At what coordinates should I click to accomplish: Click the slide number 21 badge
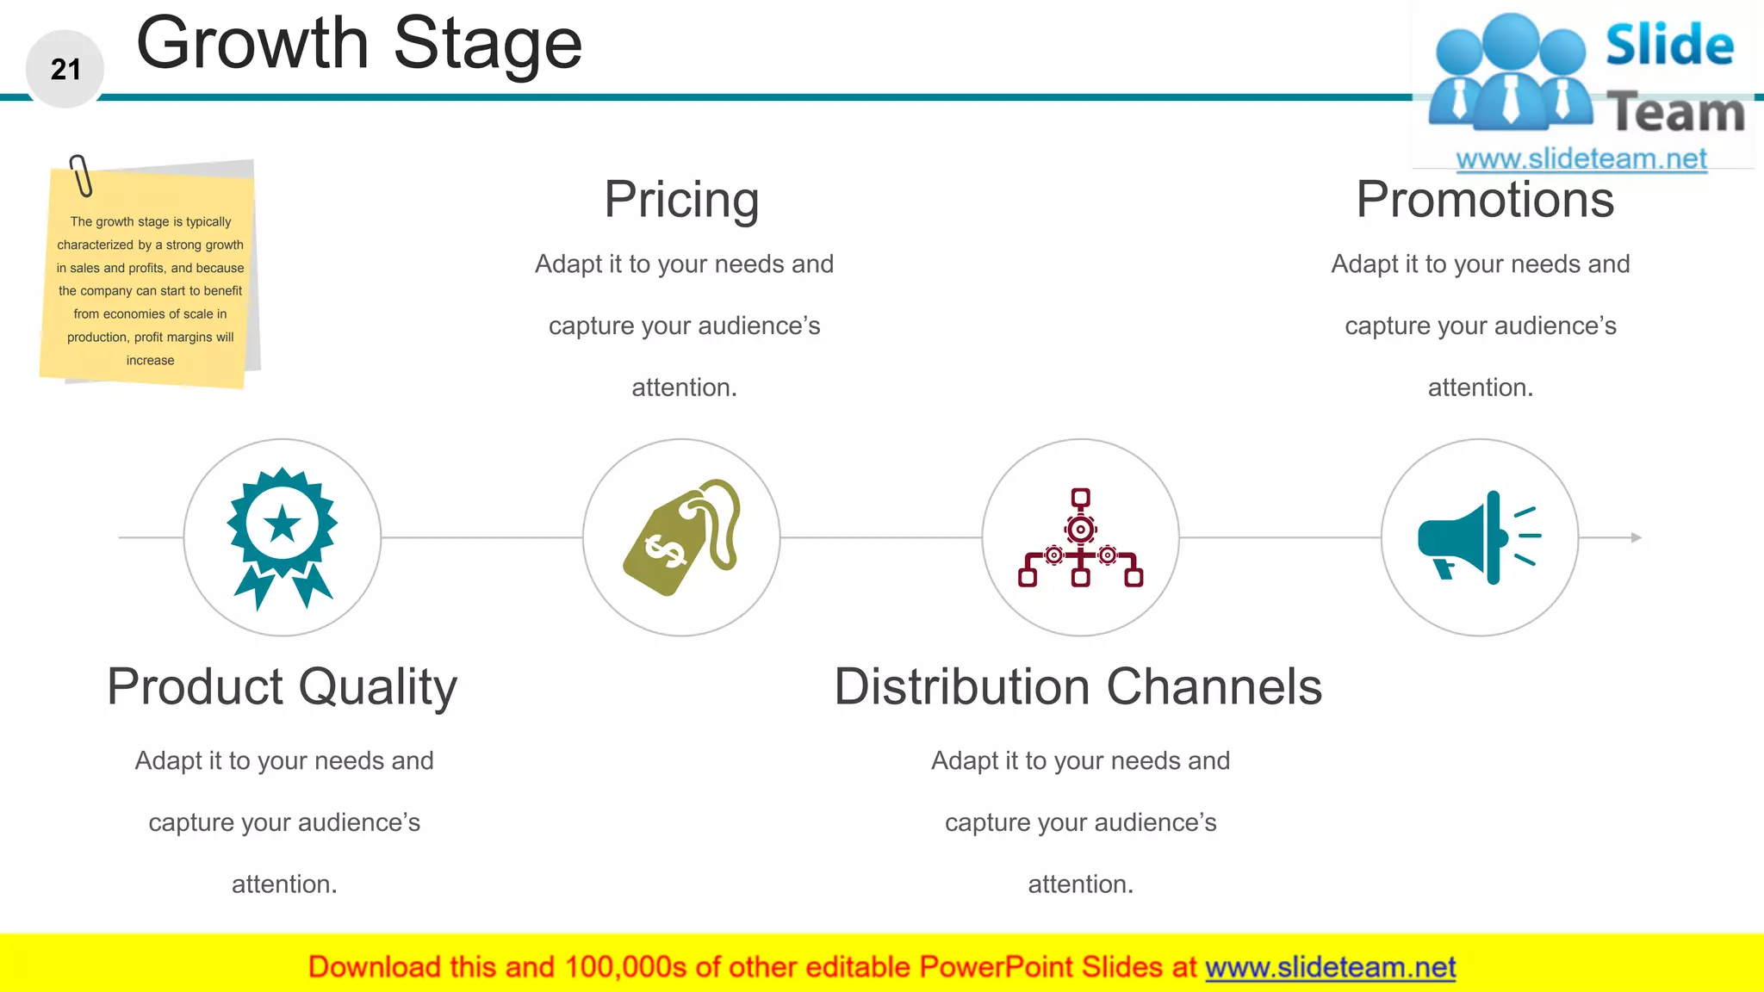(65, 69)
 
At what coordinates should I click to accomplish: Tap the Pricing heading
(681, 200)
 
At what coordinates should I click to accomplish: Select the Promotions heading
(1484, 200)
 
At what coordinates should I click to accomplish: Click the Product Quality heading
(282, 687)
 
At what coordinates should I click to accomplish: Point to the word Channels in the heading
(1214, 687)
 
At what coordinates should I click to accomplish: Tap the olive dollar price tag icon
(681, 538)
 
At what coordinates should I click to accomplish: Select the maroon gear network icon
(1080, 538)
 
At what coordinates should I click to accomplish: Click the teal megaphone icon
(1478, 538)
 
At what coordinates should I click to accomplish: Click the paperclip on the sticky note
(81, 176)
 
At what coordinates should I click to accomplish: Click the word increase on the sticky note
(150, 361)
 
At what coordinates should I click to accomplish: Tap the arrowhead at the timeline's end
(1636, 537)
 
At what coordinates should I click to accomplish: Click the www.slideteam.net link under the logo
(1581, 159)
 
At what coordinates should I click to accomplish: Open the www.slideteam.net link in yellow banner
(1330, 968)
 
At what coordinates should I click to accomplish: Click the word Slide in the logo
(1668, 46)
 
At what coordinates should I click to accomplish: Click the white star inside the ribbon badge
(283, 524)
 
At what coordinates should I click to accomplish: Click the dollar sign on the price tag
(664, 551)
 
